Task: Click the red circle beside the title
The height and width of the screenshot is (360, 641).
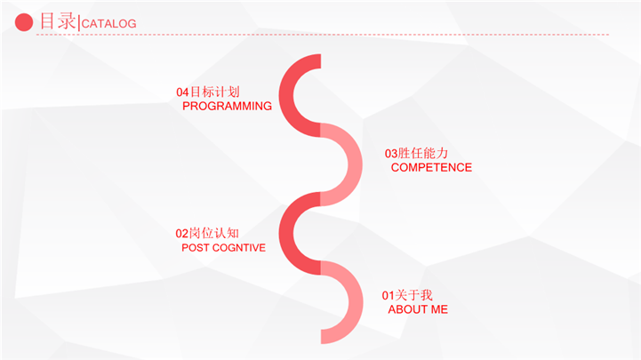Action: [x=24, y=22]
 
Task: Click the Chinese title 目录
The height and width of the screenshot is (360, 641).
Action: [x=58, y=21]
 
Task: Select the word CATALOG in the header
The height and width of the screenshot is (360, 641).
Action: [x=108, y=24]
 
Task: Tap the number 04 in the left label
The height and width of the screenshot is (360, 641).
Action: [x=182, y=92]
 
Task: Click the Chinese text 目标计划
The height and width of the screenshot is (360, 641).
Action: [x=215, y=92]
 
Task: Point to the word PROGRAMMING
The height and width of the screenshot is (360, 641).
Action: [x=227, y=107]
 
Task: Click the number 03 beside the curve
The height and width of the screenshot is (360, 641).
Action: [x=391, y=154]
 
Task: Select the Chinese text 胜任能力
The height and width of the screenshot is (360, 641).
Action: [x=423, y=153]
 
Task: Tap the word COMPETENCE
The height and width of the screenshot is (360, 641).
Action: [x=431, y=167]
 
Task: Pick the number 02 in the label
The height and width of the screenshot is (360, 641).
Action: [x=182, y=234]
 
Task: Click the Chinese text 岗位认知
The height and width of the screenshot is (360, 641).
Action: [x=213, y=233]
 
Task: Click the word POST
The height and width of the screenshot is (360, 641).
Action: [x=196, y=248]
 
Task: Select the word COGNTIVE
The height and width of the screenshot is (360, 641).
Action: [x=239, y=248]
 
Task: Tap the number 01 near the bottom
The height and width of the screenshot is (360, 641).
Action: [x=388, y=295]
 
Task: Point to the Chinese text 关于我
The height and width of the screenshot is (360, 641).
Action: [x=413, y=295]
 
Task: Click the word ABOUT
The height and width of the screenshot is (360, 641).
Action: [x=407, y=309]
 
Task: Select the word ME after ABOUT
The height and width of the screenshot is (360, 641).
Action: [x=439, y=309]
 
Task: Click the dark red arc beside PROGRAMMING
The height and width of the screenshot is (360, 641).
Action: [x=286, y=95]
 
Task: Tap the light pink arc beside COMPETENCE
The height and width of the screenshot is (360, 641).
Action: [x=355, y=164]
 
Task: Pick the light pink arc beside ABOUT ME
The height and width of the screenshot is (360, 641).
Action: [x=356, y=302]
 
